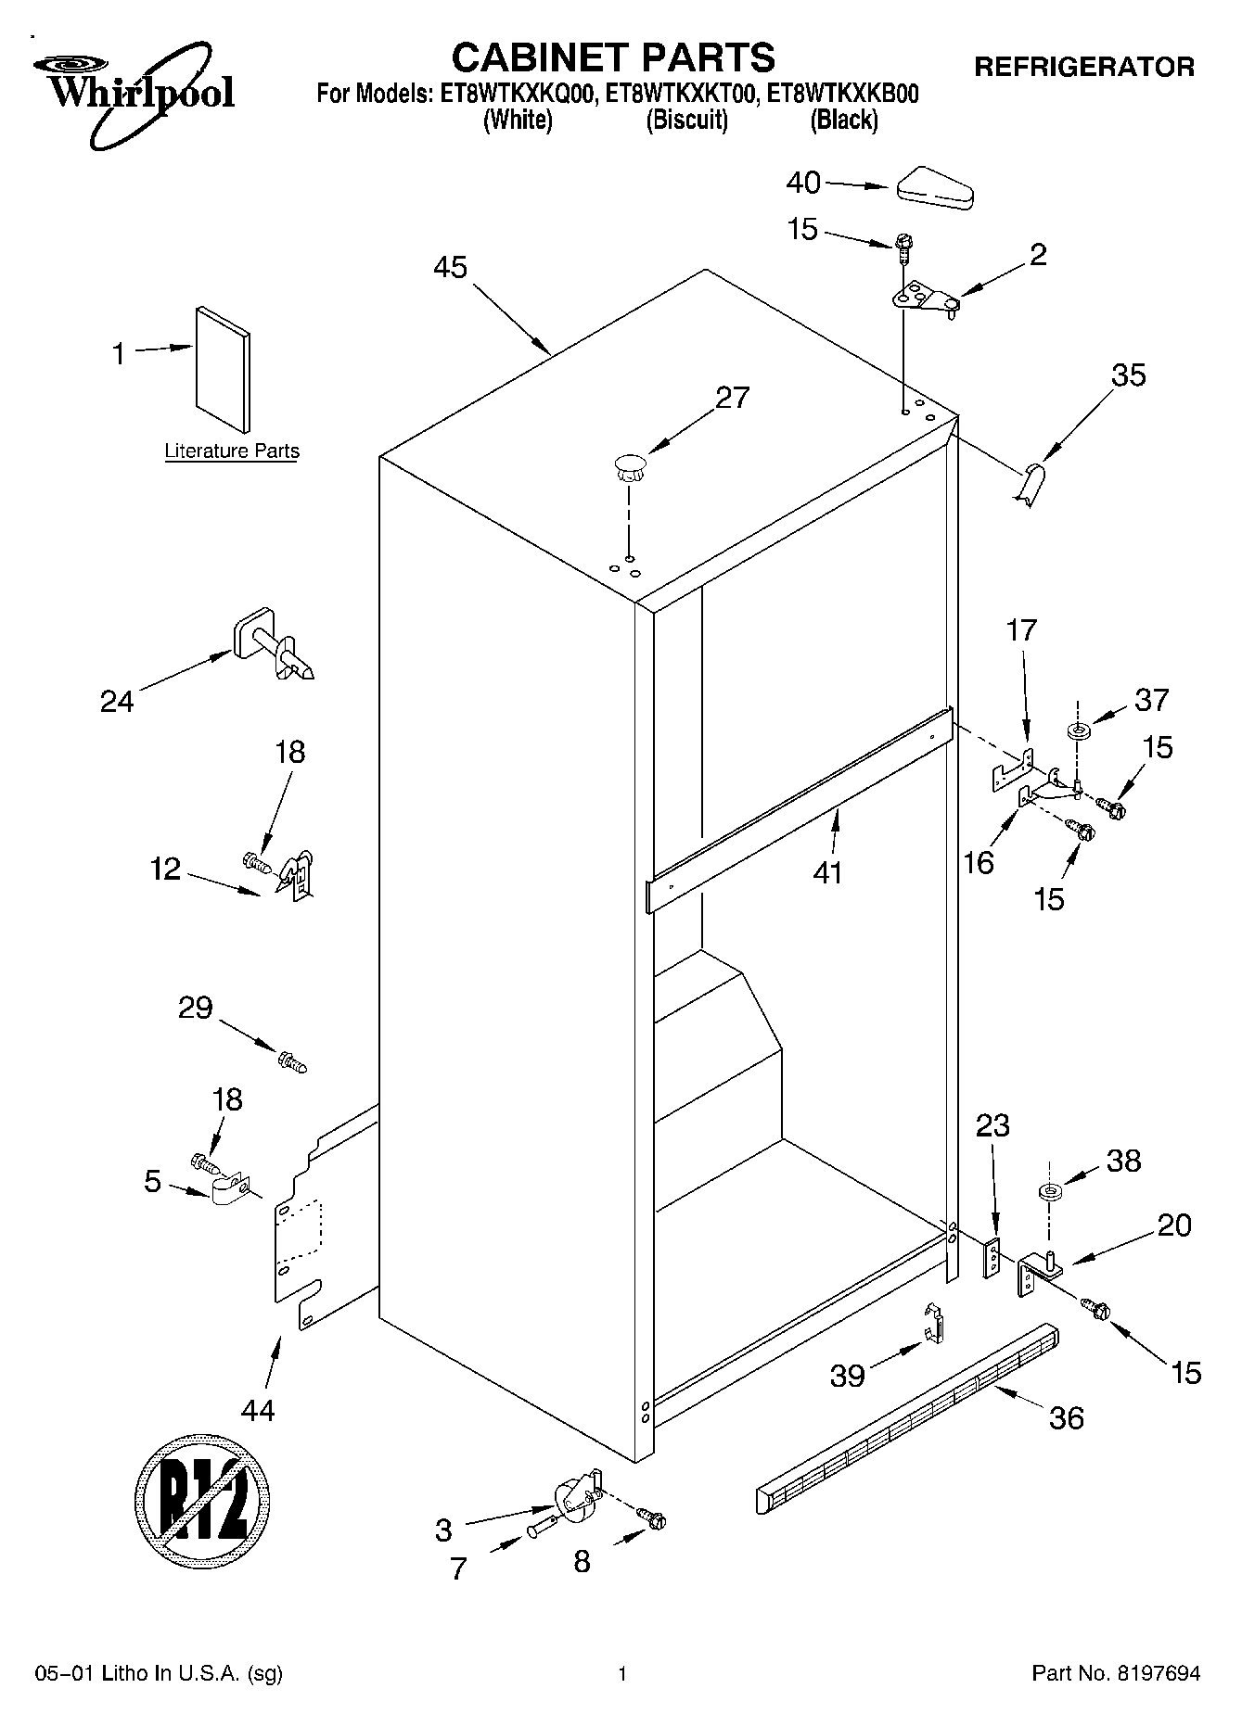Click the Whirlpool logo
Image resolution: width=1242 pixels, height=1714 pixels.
pyautogui.click(x=134, y=92)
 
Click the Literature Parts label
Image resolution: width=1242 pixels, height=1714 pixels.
pyautogui.click(x=232, y=451)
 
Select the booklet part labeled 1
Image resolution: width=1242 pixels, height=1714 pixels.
pyautogui.click(x=223, y=369)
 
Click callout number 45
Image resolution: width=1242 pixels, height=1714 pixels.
pyautogui.click(x=450, y=267)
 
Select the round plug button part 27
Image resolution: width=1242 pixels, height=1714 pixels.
pyautogui.click(x=628, y=466)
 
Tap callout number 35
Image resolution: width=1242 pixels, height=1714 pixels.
pyautogui.click(x=1129, y=375)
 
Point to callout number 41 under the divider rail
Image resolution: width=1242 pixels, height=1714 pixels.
pyautogui.click(x=827, y=872)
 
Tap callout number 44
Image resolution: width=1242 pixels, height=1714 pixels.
pyautogui.click(x=258, y=1410)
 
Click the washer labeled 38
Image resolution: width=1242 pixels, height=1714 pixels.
pyautogui.click(x=1049, y=1191)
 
